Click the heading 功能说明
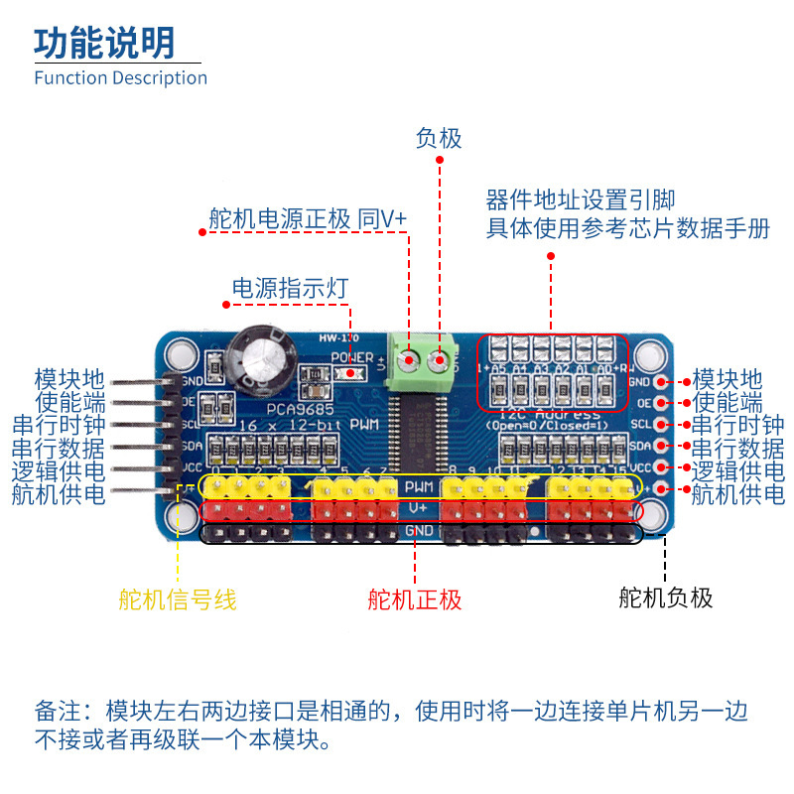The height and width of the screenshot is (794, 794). coord(104,43)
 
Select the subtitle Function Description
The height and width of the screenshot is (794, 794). coord(120,77)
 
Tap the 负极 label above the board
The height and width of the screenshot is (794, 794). coord(439,138)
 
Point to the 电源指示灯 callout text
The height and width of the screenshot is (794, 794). coord(290,288)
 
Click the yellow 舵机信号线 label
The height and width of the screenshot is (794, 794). coord(177,598)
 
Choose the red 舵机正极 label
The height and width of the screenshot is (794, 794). coord(415,598)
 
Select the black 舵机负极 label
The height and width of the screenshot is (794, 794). coord(665,596)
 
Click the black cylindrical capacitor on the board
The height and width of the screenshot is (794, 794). coord(263,359)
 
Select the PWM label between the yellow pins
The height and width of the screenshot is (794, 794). coord(418,485)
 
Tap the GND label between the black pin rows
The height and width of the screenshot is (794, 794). coord(418,532)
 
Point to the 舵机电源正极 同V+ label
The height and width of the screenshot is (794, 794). coord(308,218)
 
